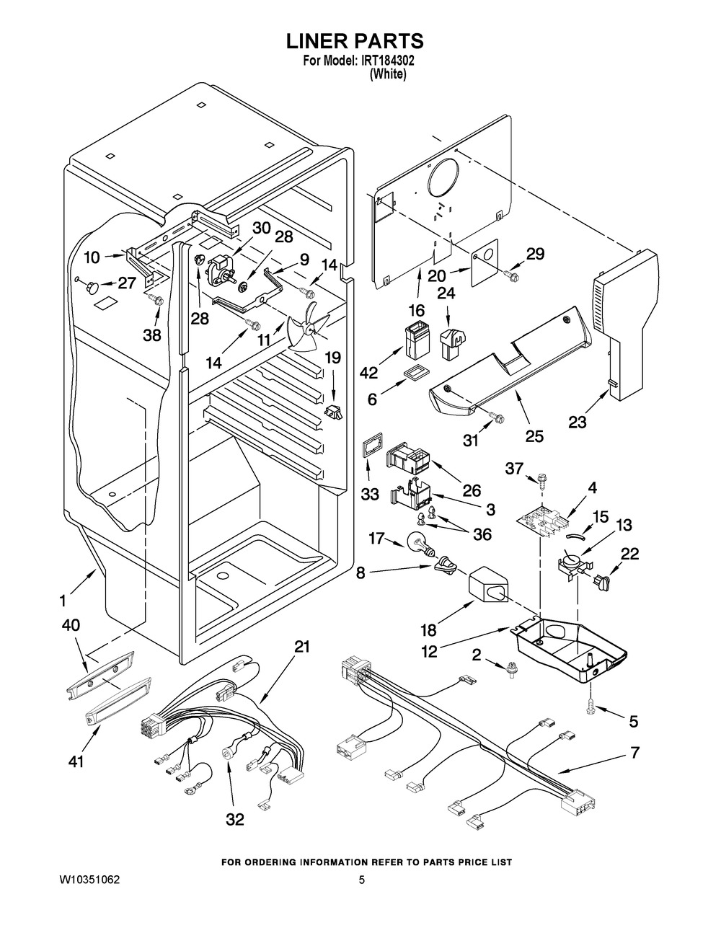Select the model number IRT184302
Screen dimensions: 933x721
[384, 61]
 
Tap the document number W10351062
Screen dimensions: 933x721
[90, 880]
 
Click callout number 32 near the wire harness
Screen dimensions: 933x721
[234, 819]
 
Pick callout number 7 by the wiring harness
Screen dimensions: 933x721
[634, 753]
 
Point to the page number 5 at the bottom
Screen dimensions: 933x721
[362, 880]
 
